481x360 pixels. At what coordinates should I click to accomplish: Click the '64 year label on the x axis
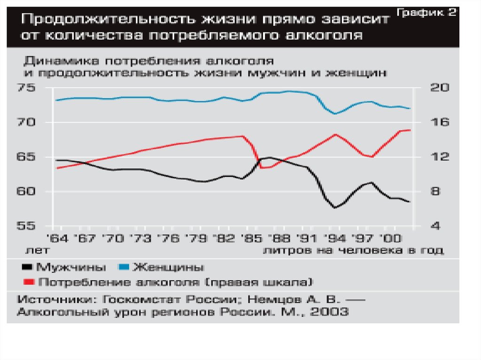pyautogui.click(x=55, y=237)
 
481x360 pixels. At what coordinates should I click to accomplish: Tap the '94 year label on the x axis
pyautogui.click(x=335, y=237)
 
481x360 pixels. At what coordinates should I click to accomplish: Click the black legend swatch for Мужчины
pyautogui.click(x=27, y=268)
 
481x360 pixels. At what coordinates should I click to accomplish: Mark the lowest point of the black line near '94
pyautogui.click(x=335, y=207)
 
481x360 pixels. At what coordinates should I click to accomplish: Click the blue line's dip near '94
pyautogui.click(x=335, y=114)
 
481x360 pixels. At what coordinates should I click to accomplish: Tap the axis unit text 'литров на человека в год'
pyautogui.click(x=353, y=251)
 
